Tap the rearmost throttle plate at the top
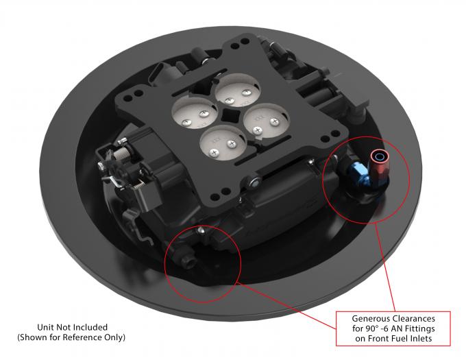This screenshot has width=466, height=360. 234,90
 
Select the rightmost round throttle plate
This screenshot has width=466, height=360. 263,121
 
